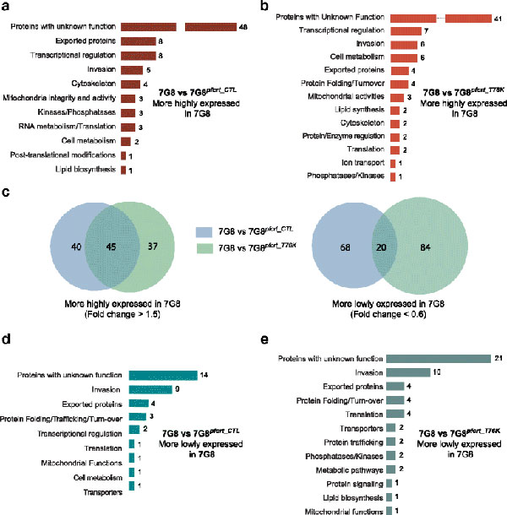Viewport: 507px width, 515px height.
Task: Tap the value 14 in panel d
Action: (205, 375)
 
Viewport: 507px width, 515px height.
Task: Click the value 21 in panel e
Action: (499, 358)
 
